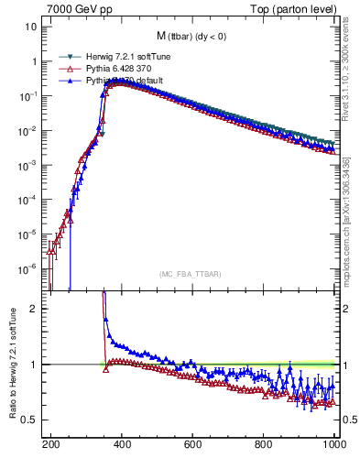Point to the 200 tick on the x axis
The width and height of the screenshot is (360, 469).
(x=50, y=442)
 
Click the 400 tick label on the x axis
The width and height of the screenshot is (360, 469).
(x=122, y=442)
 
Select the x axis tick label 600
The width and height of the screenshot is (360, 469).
(x=193, y=442)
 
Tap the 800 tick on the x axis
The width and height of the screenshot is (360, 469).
(x=264, y=442)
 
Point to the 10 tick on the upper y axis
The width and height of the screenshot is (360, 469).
(x=31, y=27)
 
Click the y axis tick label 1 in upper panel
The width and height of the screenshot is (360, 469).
(x=34, y=61)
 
